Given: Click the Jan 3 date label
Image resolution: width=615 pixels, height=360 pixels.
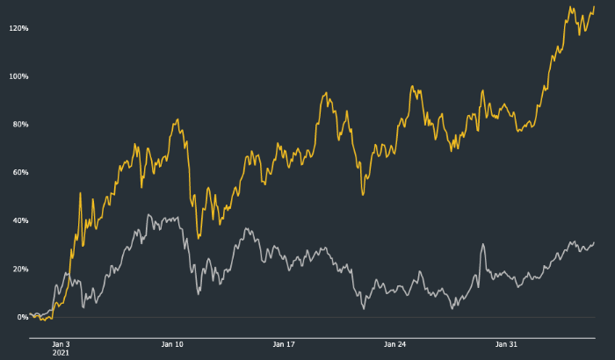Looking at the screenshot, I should (61, 344).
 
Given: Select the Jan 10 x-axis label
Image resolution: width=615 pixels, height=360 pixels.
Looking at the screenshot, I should (173, 344).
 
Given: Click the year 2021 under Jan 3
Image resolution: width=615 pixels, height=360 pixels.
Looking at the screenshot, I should (61, 353).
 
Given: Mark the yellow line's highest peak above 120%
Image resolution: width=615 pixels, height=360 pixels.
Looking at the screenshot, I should (570, 8).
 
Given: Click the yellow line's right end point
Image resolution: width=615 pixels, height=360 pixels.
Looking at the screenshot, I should (594, 7).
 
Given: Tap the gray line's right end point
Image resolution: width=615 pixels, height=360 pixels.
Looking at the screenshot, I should (594, 242).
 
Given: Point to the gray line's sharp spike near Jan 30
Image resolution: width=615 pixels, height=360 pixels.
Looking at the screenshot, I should (483, 244).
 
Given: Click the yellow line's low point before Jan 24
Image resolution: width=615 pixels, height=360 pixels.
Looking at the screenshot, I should (363, 194).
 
